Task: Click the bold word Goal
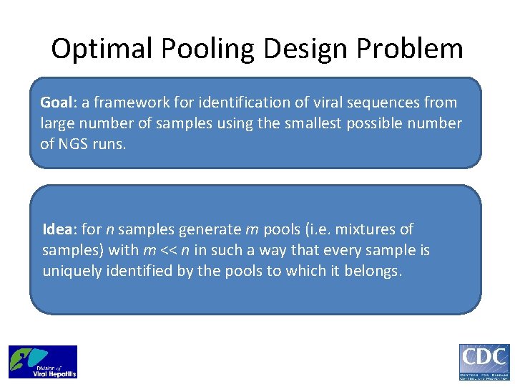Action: pyautogui.click(x=55, y=102)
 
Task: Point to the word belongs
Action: pyautogui.click(x=376, y=271)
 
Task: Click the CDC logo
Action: pyautogui.click(x=484, y=362)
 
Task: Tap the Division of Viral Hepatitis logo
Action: pyautogui.click(x=43, y=362)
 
